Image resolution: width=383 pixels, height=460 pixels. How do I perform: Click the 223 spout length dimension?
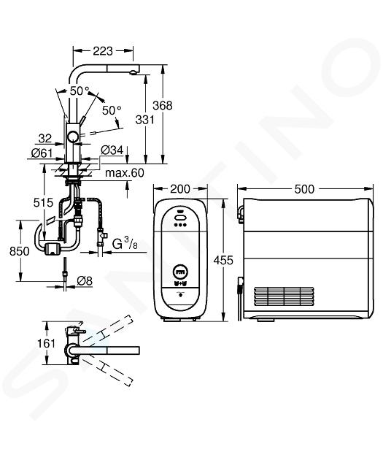103,51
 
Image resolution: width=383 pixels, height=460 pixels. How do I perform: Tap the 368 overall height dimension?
163,105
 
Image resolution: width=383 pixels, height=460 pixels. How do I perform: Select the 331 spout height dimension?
144,120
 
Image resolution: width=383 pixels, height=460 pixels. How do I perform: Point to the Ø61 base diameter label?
42,153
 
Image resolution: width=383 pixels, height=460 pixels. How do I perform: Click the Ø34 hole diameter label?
112,150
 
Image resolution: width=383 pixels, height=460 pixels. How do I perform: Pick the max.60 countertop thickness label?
125,173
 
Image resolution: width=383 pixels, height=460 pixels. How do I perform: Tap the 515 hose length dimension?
43,202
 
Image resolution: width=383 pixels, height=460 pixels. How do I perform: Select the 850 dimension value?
20,251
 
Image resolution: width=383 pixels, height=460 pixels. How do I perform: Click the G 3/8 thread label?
125,244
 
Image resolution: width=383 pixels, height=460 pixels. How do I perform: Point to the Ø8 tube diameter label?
85,281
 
